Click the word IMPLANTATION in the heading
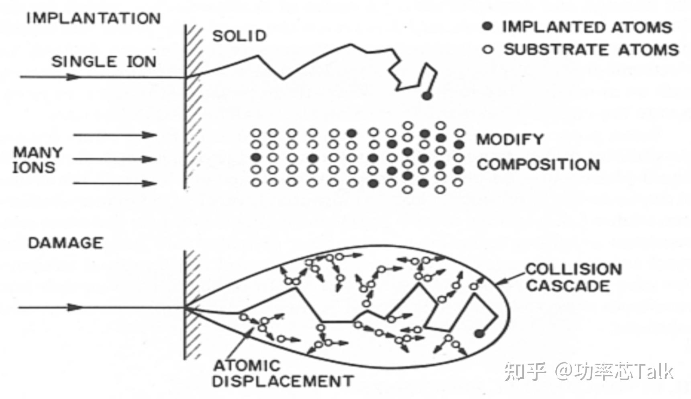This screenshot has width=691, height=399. tap(93, 18)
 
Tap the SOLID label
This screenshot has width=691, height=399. tap(239, 36)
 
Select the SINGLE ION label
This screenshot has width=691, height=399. tap(104, 62)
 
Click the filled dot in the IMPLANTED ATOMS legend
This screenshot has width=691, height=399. tap(487, 27)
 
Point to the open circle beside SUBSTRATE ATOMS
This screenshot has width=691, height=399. tap(487, 50)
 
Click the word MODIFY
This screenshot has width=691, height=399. tap(510, 139)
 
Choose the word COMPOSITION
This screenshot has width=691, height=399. tap(538, 164)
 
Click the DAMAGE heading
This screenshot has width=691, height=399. tap(65, 243)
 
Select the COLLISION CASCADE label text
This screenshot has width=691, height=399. tap(573, 277)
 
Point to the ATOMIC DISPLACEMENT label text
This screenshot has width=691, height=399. tap(283, 373)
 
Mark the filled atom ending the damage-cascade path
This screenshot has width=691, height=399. tap(478, 333)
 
